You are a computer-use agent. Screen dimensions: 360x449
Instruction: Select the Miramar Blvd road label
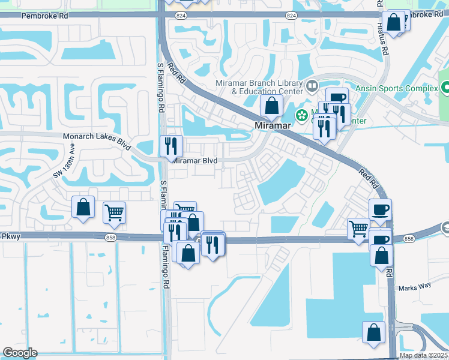[x=194, y=160]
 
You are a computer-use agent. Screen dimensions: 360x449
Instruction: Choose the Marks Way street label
[x=415, y=287]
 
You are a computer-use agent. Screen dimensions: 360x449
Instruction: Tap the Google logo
[x=20, y=353]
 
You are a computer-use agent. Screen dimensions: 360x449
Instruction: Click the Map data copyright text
[x=424, y=356]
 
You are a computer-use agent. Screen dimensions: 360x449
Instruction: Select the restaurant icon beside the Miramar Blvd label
[x=171, y=145]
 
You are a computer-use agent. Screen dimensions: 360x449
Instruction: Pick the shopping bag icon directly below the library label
[x=272, y=106]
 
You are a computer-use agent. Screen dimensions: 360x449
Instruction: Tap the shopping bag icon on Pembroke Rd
[x=394, y=23]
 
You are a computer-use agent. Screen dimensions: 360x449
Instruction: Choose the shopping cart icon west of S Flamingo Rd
[x=113, y=212]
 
